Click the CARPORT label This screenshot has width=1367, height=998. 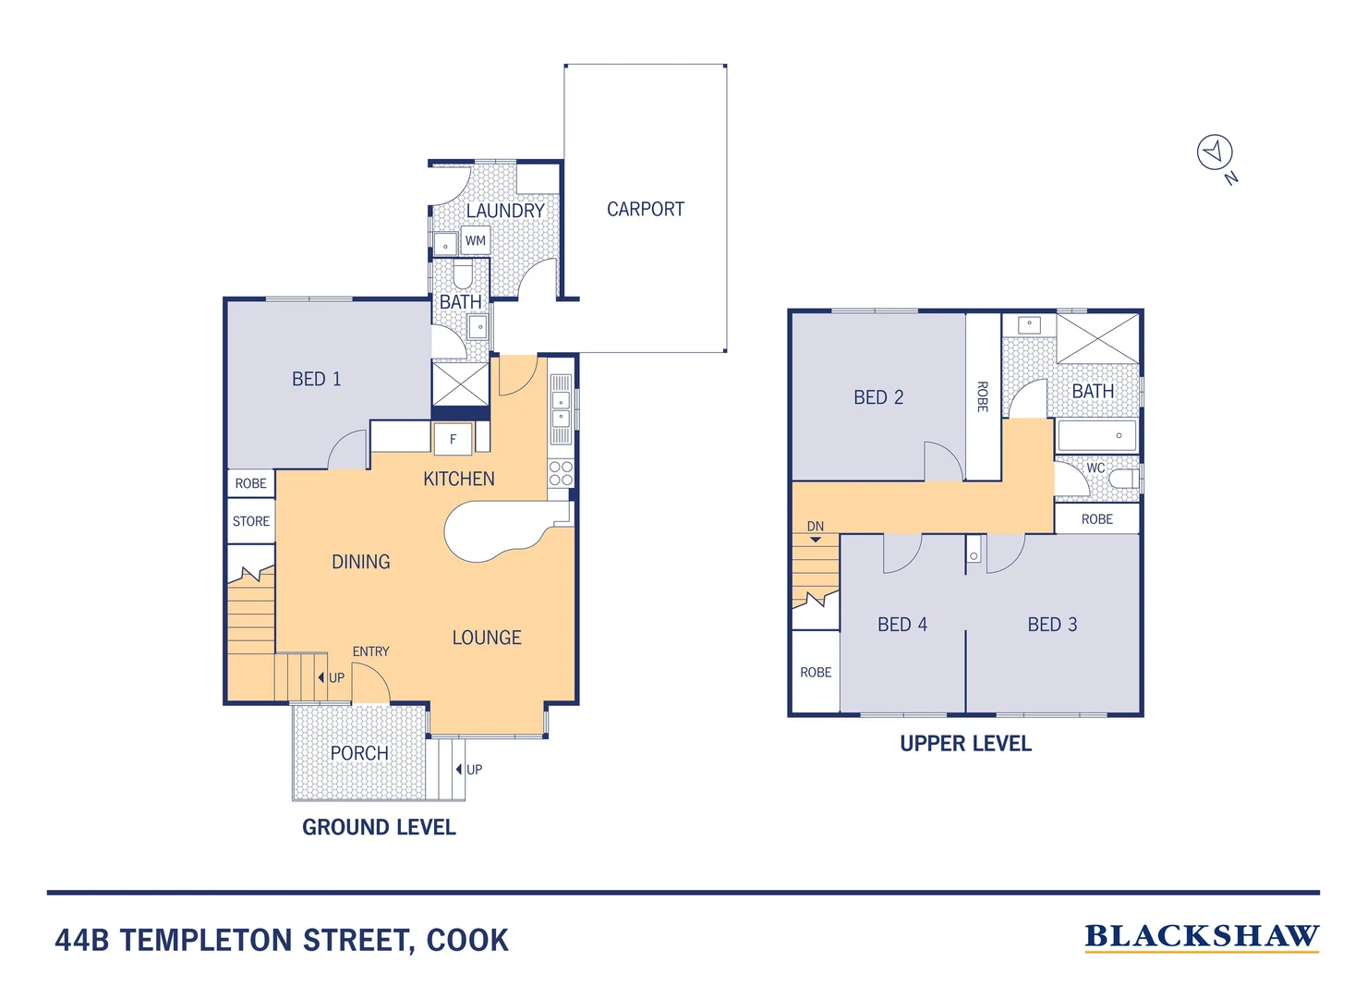tap(645, 210)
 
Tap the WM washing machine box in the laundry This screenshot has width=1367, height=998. tap(475, 241)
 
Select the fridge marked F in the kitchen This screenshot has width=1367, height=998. tap(453, 439)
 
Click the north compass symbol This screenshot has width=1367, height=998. tap(1215, 152)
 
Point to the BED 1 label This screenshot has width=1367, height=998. tap(316, 379)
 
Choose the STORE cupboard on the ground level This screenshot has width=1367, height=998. tap(251, 521)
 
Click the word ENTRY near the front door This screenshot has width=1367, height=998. tap(370, 651)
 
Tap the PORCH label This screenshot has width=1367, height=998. tap(359, 753)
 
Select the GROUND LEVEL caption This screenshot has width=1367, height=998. tap(379, 827)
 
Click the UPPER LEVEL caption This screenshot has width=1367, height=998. tap(965, 744)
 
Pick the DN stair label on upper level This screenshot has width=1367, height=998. tap(815, 527)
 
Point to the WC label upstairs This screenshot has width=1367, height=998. tap(1095, 468)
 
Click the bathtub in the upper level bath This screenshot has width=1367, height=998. tap(1096, 435)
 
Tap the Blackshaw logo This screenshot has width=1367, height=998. tap(1201, 937)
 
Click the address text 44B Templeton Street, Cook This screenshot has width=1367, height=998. tap(282, 941)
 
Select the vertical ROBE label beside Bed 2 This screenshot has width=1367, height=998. tap(983, 396)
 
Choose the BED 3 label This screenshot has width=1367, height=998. tap(1052, 625)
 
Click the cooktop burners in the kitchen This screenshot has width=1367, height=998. tap(561, 473)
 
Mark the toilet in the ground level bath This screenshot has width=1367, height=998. tap(463, 274)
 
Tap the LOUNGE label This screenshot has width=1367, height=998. tap(487, 638)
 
